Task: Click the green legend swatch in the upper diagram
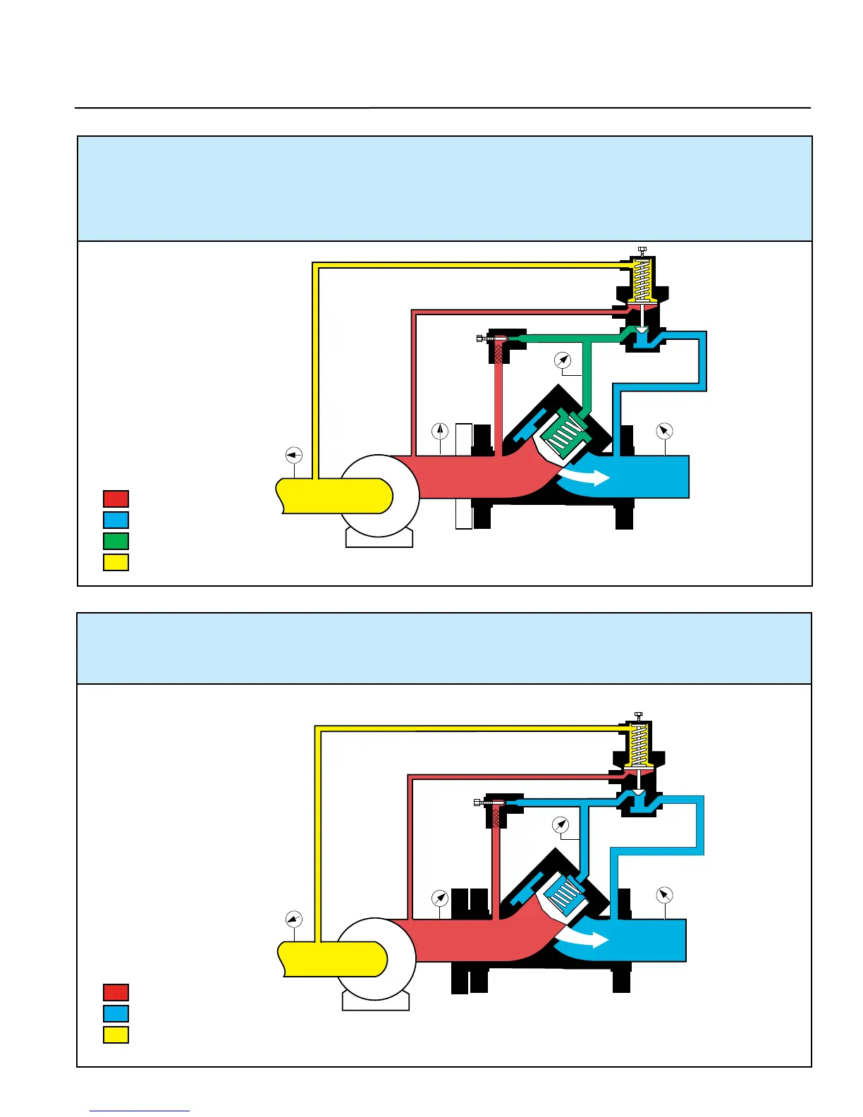[116, 541]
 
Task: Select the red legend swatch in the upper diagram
[116, 499]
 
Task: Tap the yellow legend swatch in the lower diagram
[116, 1034]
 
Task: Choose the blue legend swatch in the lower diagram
[116, 1013]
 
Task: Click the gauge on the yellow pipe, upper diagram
[293, 455]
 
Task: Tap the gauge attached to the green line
[563, 360]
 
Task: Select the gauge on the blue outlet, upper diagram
[664, 431]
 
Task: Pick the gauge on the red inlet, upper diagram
[440, 431]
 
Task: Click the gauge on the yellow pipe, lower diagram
[293, 919]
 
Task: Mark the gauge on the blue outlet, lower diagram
[664, 895]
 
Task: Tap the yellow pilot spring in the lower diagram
[638, 745]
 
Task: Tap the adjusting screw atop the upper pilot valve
[642, 250]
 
